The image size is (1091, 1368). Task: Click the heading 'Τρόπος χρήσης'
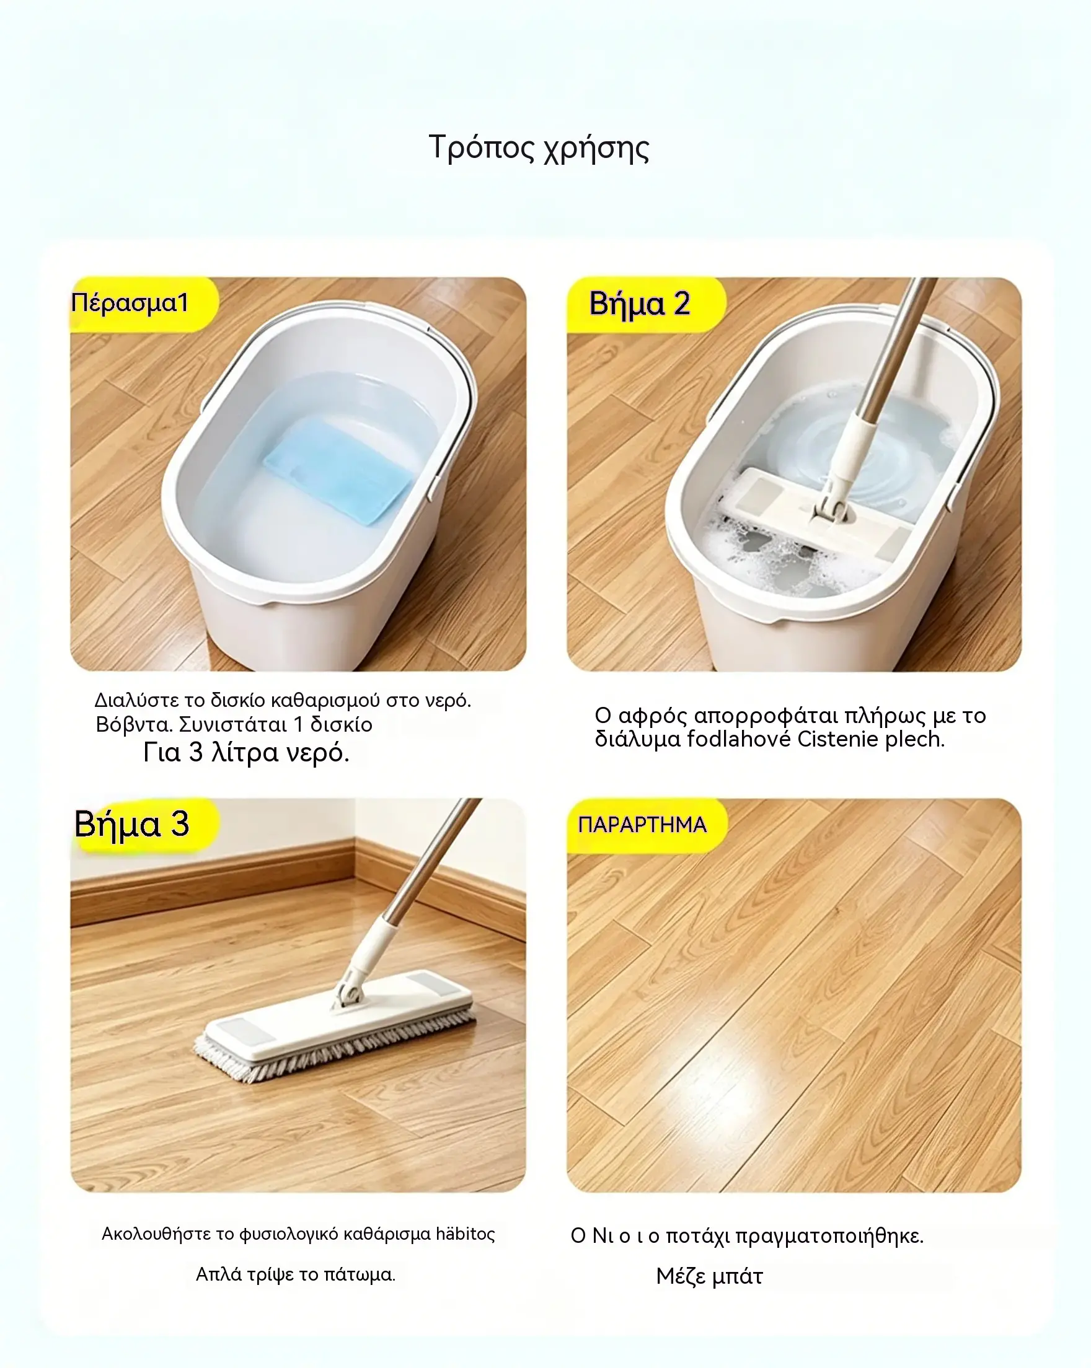click(x=539, y=149)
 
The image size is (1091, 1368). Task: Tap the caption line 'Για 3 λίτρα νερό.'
click(x=246, y=753)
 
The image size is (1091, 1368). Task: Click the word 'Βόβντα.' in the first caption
click(x=135, y=725)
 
